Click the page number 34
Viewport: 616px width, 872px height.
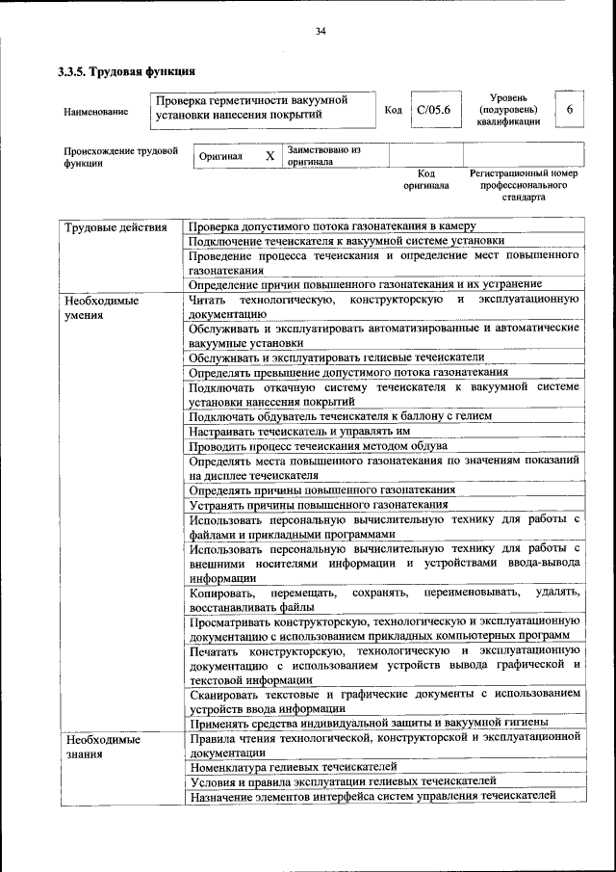pos(321,32)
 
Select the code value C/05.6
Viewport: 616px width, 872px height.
pos(433,110)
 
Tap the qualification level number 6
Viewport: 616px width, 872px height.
pos(569,110)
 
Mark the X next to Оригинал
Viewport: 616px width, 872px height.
pos(269,155)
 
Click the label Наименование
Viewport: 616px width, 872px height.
pos(96,112)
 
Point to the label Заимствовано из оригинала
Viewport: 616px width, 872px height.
pos(323,156)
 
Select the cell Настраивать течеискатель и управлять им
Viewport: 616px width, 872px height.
pos(300,431)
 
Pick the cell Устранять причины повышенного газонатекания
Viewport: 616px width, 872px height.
pos(319,504)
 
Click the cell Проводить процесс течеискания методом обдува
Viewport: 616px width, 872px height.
pos(318,446)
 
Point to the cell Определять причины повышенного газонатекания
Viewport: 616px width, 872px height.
pos(322,489)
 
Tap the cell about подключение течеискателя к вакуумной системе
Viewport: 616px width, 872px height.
pos(346,241)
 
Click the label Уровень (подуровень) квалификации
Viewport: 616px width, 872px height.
pos(507,110)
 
